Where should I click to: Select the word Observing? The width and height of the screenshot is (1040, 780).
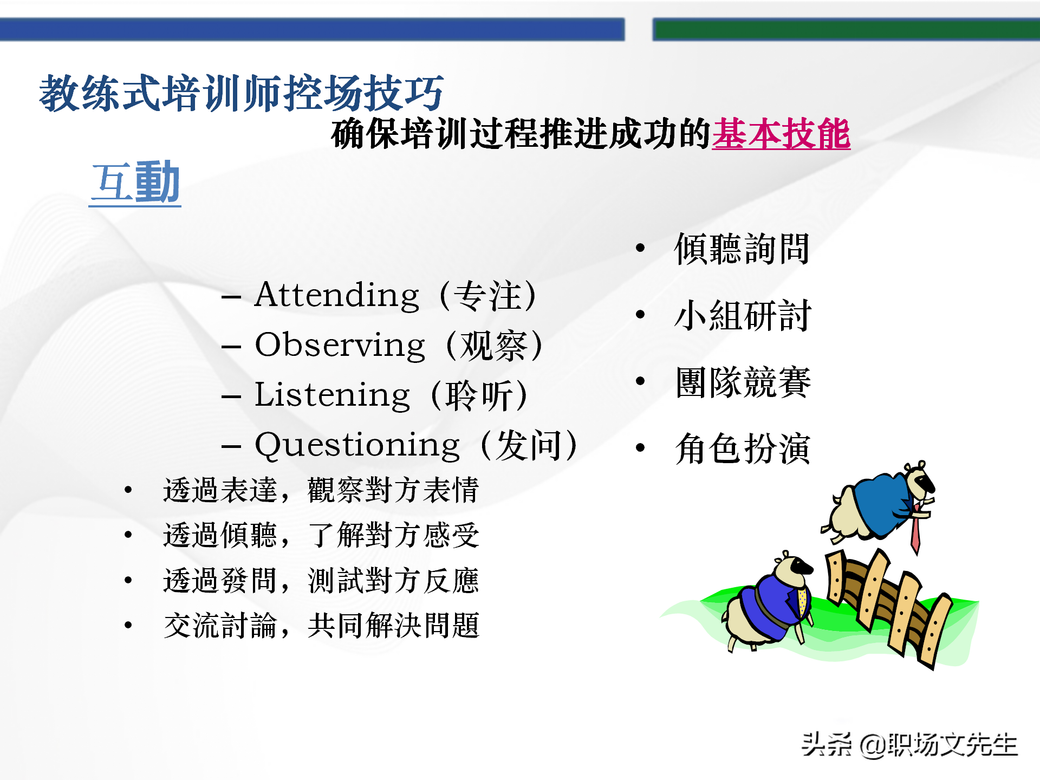pos(340,346)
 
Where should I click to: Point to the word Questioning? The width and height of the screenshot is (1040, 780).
pos(357,446)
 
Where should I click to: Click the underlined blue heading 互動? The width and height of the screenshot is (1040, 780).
pos(135,183)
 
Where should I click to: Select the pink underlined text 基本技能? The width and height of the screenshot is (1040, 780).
pos(781,134)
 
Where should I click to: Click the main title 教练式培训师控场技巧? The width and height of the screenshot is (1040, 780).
pos(242,94)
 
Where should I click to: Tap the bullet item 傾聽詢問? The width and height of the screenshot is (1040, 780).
pos(742,249)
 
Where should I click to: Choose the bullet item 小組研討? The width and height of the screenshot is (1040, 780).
pos(742,316)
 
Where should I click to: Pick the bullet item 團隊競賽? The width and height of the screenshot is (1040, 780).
pos(742,382)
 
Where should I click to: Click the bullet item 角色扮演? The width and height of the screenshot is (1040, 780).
pos(742,449)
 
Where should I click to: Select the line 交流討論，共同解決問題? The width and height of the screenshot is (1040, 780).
pos(321,626)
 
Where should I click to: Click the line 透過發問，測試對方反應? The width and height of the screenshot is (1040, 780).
pos(321,581)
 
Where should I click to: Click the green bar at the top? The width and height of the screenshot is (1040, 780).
pos(845,29)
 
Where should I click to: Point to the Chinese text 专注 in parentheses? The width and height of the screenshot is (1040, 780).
pos(487,296)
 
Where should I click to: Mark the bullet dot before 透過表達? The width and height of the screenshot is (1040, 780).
pos(128,490)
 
